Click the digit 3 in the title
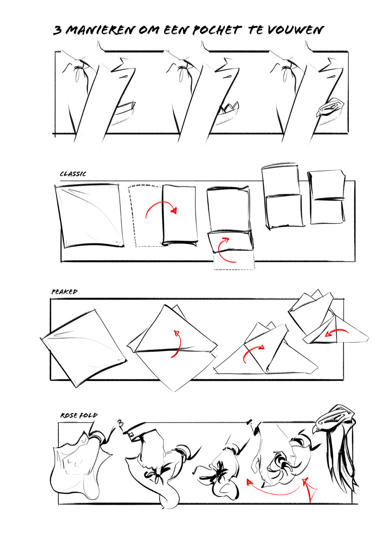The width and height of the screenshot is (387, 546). (57, 30)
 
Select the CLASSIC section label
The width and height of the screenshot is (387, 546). (73, 174)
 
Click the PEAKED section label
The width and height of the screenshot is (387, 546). (64, 292)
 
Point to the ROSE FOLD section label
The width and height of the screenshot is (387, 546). (79, 415)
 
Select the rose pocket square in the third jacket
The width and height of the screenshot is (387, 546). (330, 107)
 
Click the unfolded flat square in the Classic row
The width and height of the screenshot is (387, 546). (89, 216)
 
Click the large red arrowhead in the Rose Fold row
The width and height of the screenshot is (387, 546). (309, 489)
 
